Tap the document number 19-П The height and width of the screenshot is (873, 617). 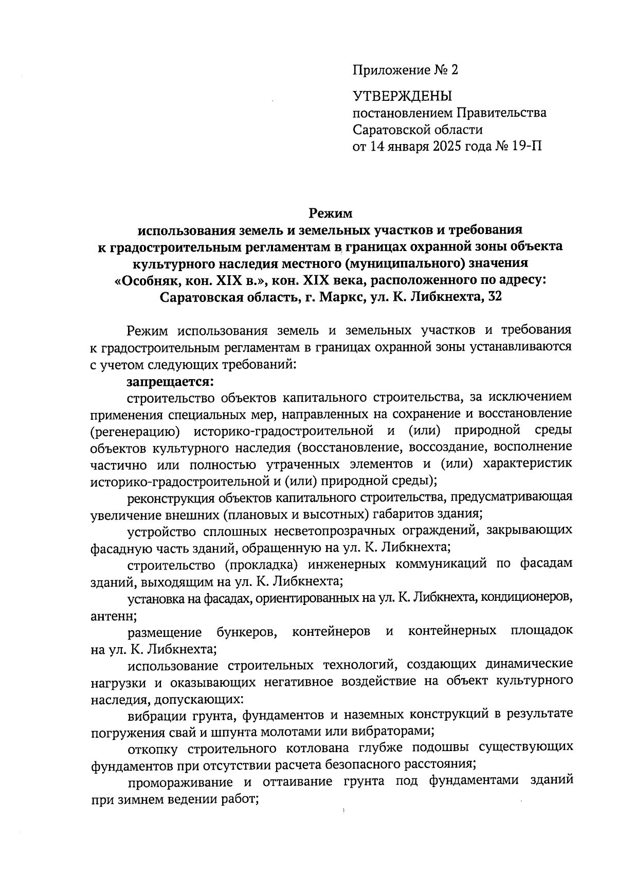[x=527, y=146]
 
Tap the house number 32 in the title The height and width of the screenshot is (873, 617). [x=493, y=297]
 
